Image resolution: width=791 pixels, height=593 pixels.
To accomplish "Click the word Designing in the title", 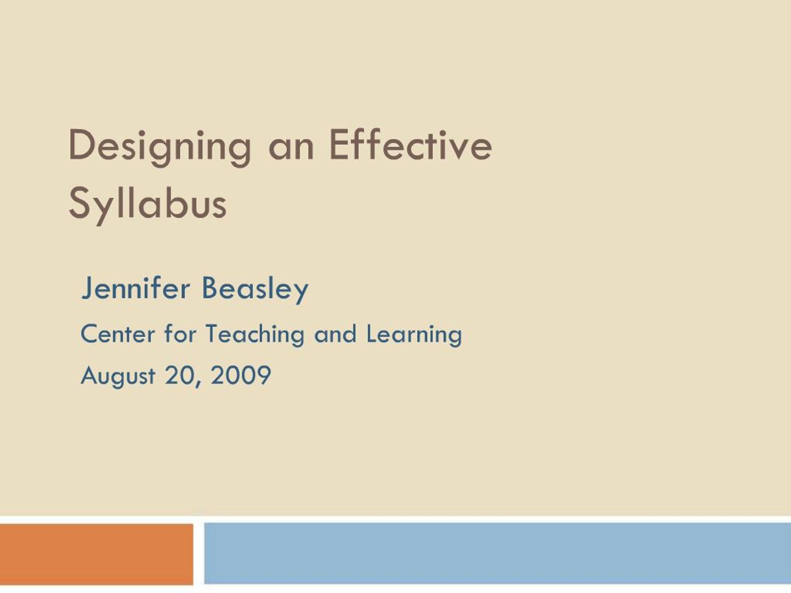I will [159, 147].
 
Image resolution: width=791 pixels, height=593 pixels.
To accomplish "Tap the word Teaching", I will [255, 334].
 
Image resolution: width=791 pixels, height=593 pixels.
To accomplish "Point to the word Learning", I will [414, 334].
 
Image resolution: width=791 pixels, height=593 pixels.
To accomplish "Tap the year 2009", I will [241, 375].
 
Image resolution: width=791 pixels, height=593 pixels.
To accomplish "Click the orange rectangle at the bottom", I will [96, 554].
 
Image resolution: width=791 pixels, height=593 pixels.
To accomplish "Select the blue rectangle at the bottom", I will [497, 553].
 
